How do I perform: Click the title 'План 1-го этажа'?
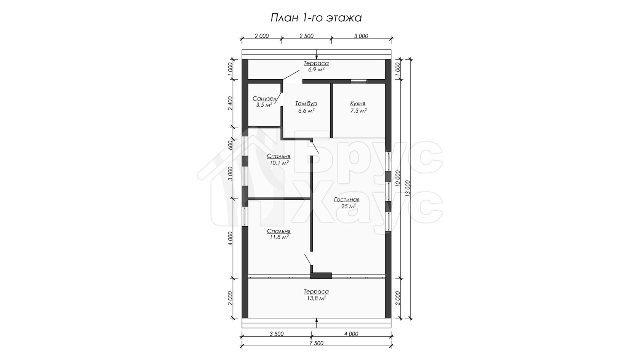316,18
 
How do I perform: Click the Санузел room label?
264,99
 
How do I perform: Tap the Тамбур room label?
306,104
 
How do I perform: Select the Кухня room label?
358,104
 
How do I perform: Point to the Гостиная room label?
347,200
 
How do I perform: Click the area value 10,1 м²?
279,163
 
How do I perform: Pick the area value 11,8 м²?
279,237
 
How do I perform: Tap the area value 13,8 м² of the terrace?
316,298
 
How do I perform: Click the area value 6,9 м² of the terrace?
316,69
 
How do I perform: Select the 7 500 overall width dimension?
316,343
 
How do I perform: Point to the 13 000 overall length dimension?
408,189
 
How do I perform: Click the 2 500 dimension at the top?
307,36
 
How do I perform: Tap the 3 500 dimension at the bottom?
277,334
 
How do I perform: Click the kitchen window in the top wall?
358,82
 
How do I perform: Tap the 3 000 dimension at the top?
361,36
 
